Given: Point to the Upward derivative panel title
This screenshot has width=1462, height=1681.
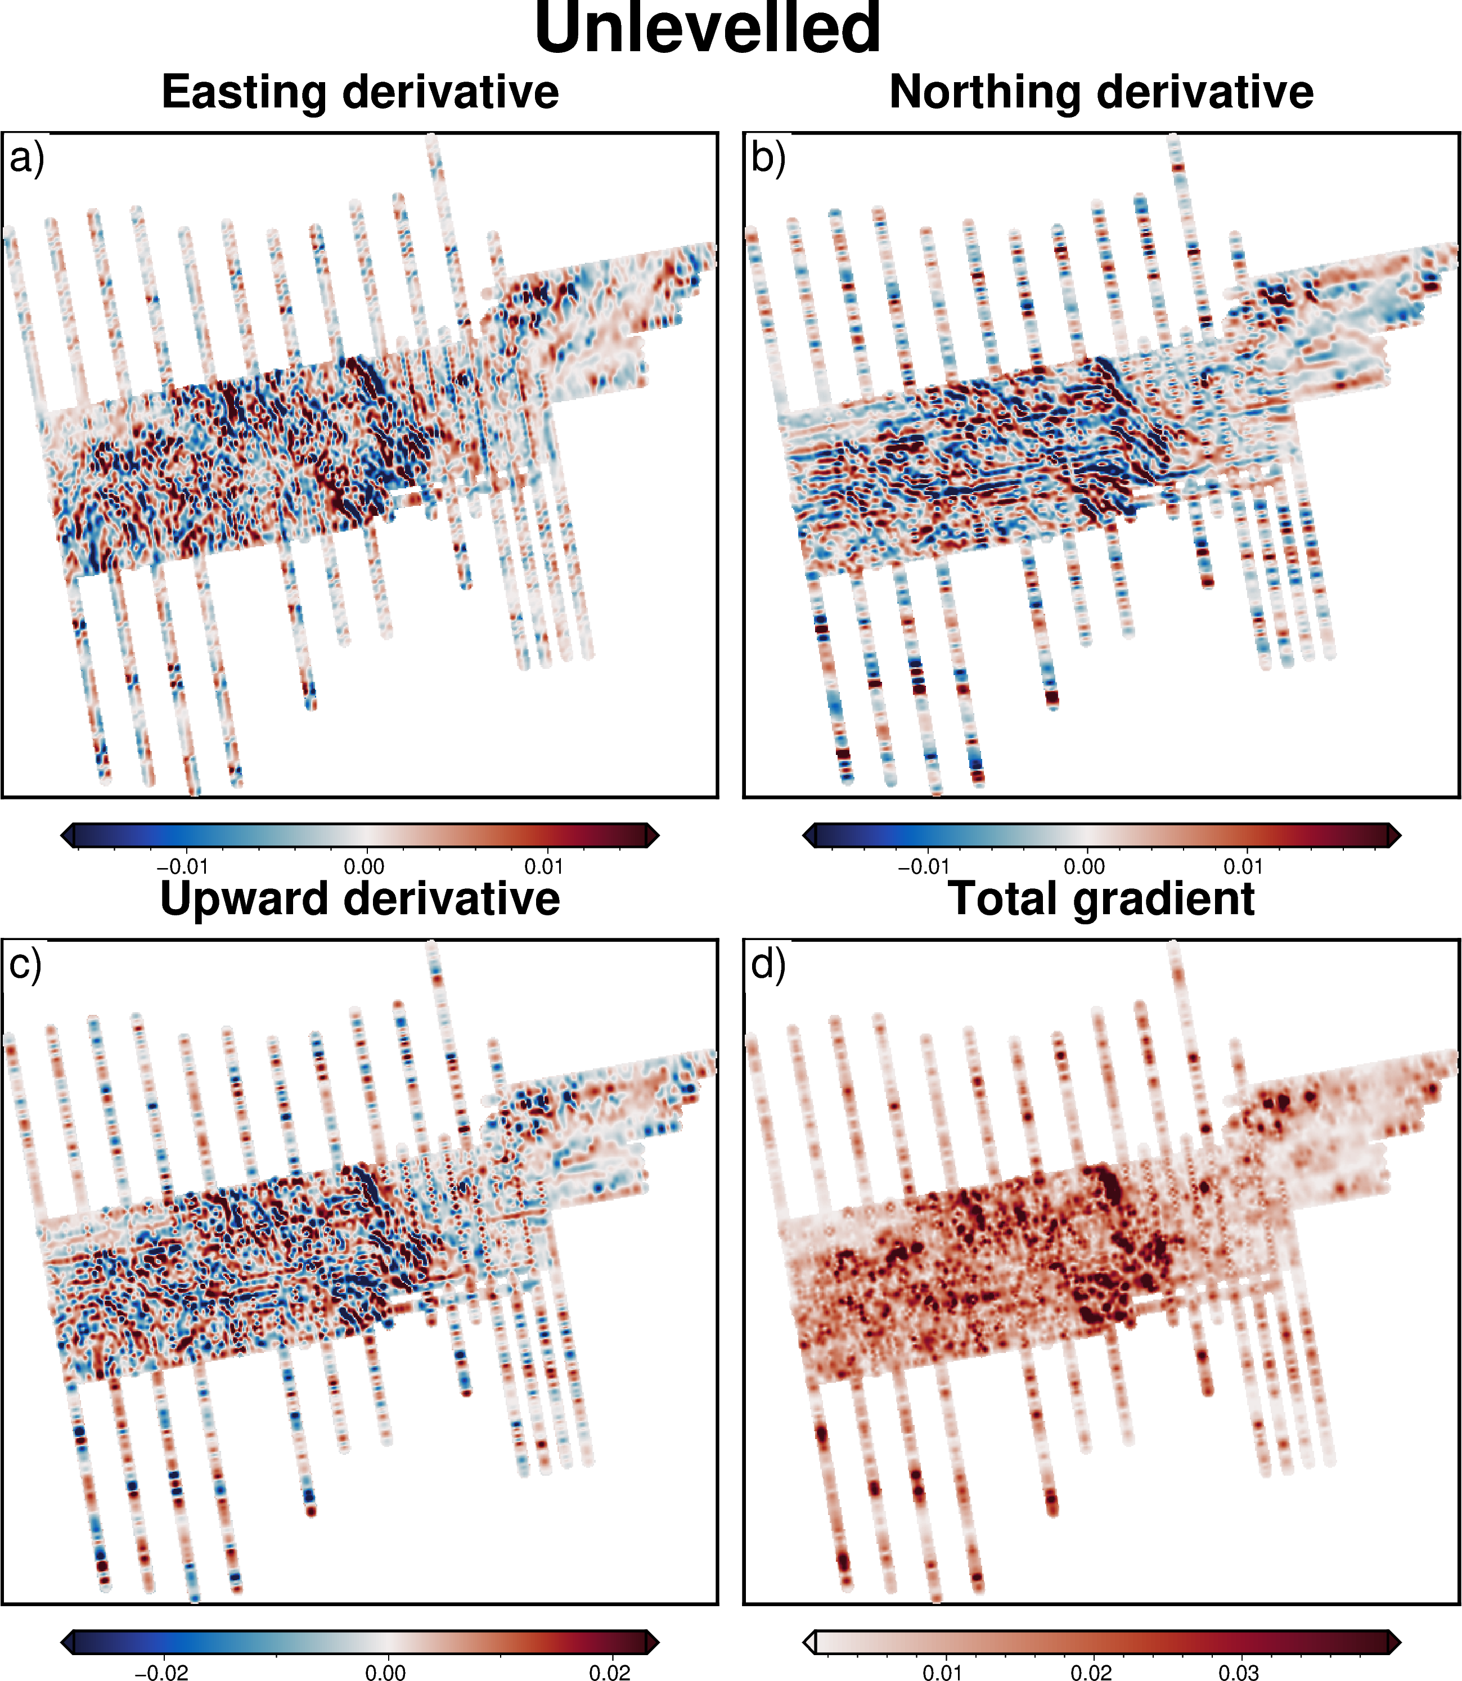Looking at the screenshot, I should (360, 898).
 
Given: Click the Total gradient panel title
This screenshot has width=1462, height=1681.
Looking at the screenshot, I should (1101, 898).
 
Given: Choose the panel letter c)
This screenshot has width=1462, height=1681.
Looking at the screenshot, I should (25, 964).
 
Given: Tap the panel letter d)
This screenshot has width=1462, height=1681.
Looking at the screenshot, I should (768, 964).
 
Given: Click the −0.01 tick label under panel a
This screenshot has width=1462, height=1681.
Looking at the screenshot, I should (182, 866).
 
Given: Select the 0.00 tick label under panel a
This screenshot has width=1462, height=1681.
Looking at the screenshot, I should (364, 866).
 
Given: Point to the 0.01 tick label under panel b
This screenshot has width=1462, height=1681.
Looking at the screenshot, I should (1243, 866).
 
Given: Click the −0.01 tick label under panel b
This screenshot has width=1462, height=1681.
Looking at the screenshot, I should (924, 866).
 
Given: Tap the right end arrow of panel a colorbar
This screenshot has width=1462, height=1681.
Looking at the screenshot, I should (653, 835).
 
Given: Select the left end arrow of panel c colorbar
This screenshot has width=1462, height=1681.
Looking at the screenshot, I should (68, 1642).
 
